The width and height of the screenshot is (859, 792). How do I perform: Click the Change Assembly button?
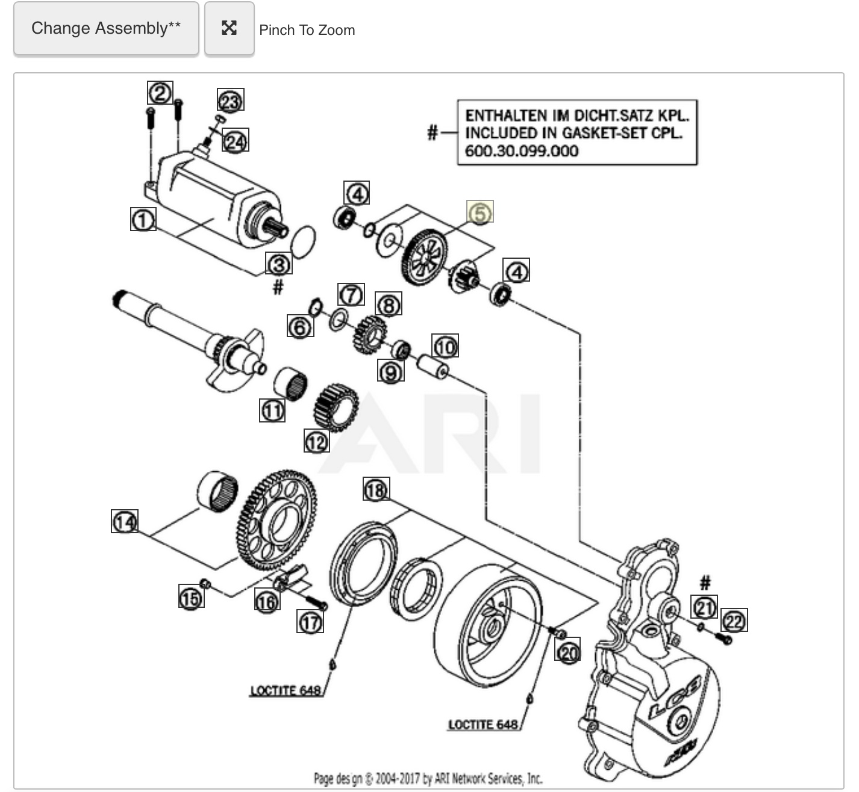pos(106,28)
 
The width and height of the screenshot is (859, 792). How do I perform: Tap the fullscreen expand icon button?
pos(230,28)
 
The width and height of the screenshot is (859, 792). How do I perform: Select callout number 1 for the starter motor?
pos(143,219)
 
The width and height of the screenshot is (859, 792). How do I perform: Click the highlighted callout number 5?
pos(480,212)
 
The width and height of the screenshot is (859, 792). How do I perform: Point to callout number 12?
pos(317,441)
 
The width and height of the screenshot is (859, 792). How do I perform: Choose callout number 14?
pos(125,521)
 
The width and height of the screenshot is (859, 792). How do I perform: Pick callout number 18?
pos(376,489)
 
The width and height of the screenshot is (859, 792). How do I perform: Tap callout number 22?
pos(734,620)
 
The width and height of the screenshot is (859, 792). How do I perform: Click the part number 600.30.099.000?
pos(521,151)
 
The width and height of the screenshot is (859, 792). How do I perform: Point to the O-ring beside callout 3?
pos(304,242)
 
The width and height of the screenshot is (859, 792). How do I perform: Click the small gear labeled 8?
pos(370,335)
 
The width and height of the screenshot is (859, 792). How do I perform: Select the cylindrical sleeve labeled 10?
pos(433,366)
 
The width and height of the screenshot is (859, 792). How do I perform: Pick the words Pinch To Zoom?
pos(307,30)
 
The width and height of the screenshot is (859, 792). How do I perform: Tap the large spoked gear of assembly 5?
pos(424,257)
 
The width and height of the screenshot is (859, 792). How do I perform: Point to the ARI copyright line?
pos(428,779)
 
